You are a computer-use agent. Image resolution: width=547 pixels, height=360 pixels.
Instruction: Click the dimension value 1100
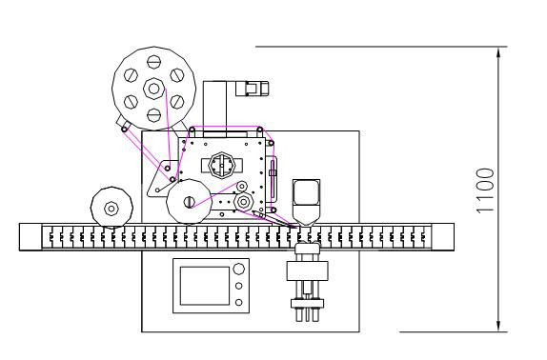[x=485, y=190]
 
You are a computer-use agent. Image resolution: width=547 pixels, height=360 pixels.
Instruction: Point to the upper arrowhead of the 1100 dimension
[x=498, y=52]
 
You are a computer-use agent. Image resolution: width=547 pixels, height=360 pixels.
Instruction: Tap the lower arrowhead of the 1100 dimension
[x=498, y=327]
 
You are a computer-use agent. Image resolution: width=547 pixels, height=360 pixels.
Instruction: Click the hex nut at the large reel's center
[x=153, y=89]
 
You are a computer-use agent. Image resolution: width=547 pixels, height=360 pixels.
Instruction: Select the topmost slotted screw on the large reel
[x=153, y=62]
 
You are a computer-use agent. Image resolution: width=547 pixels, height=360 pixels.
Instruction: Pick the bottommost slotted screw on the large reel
[x=153, y=115]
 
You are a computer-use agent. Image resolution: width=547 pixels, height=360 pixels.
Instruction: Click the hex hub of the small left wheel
[x=111, y=209]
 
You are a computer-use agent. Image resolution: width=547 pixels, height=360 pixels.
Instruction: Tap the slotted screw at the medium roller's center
[x=189, y=202]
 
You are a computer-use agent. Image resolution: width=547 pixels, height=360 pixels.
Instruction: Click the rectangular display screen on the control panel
[x=205, y=286]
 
